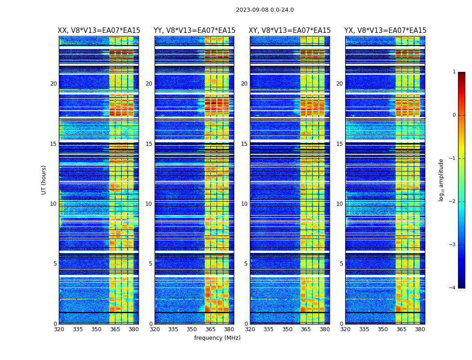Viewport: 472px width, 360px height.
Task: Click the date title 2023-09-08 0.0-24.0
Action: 265,10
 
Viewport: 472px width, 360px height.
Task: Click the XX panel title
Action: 99,31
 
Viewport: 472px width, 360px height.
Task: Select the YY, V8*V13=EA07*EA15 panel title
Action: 194,31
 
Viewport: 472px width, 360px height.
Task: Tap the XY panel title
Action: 290,31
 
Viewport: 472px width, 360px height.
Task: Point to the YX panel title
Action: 385,31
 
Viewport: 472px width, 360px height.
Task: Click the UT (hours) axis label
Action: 44,180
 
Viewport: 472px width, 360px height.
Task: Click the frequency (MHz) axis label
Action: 217,338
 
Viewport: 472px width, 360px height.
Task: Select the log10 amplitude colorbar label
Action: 441,180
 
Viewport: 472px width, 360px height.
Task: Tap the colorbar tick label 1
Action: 454,72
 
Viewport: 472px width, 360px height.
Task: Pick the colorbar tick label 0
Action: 454,115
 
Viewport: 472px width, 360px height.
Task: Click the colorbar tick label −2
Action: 453,202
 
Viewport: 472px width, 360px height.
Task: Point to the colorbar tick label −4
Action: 453,288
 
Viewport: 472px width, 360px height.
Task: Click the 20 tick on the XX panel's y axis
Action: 53,84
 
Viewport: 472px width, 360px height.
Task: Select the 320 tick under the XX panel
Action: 59,329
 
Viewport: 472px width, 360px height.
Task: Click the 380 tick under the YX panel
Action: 420,329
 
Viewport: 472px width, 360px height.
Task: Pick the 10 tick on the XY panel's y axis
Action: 244,204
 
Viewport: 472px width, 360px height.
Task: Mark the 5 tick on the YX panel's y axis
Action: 342,264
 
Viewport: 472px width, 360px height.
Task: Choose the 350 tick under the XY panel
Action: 287,329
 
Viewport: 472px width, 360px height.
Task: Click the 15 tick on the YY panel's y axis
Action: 149,144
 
